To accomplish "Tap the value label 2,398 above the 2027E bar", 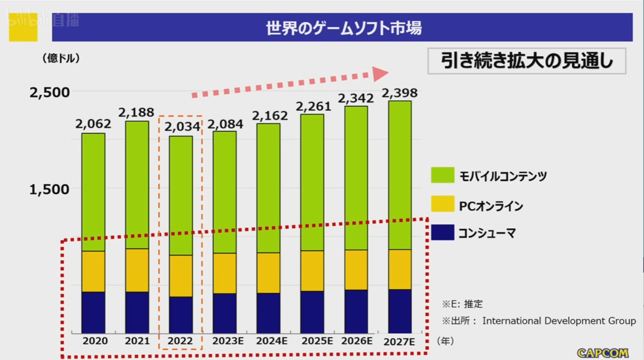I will coord(400,93).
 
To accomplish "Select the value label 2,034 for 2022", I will coord(182,127).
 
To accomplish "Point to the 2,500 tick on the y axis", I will coord(50,93).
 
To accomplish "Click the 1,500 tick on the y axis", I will coord(50,189).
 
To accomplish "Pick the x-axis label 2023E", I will coord(228,341).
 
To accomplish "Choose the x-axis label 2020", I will coord(95,341).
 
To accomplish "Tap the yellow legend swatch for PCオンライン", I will coord(443,204).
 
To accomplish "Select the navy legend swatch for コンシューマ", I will coord(443,233).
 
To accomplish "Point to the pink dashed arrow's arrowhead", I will coord(380,74).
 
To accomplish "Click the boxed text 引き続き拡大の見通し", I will coord(527,61).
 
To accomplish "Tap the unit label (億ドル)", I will coord(61,58).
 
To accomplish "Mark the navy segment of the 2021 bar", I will coord(137,312).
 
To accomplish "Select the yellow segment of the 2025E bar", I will coord(312,271).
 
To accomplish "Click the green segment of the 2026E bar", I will coord(356,178).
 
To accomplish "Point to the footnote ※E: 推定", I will coord(462,304).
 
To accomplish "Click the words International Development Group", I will coord(559,321).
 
